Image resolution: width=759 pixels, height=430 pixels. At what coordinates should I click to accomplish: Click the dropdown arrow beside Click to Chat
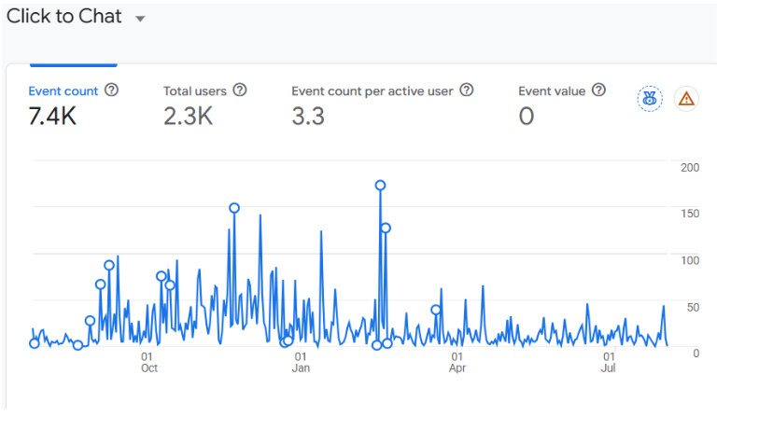tap(140, 19)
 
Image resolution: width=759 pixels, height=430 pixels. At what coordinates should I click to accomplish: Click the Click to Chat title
tap(63, 16)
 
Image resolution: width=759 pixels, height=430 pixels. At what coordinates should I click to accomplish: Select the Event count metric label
tap(63, 90)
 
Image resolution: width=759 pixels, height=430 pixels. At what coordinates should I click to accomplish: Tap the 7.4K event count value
tap(52, 116)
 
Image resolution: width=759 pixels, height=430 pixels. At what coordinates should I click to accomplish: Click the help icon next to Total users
tap(240, 90)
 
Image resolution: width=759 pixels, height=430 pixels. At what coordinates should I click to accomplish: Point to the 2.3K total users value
tap(188, 116)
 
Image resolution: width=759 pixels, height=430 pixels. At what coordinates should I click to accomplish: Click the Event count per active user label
tap(372, 90)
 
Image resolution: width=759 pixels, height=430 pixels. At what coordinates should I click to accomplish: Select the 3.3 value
tap(308, 116)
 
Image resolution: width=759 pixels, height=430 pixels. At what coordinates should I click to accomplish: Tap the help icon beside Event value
tap(598, 90)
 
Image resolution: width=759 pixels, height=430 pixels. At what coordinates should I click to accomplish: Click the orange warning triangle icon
tap(686, 99)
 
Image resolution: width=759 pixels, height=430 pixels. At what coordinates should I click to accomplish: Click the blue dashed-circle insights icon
tap(650, 99)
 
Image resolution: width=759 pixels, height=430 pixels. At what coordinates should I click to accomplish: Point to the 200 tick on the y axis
tap(690, 167)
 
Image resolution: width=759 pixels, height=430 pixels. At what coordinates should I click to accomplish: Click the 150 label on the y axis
tap(690, 214)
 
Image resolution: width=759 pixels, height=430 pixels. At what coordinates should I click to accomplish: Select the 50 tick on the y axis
tap(693, 307)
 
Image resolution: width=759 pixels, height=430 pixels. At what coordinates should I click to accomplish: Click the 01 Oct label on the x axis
tap(148, 362)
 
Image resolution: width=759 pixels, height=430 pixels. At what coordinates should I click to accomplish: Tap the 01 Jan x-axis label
tap(301, 362)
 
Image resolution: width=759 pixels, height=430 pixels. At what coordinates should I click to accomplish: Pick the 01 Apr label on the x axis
tap(457, 362)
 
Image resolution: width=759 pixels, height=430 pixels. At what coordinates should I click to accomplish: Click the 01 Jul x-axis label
tap(609, 362)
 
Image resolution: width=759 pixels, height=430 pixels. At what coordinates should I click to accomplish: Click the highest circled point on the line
tap(381, 186)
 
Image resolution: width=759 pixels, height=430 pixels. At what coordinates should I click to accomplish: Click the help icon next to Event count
tap(111, 90)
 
